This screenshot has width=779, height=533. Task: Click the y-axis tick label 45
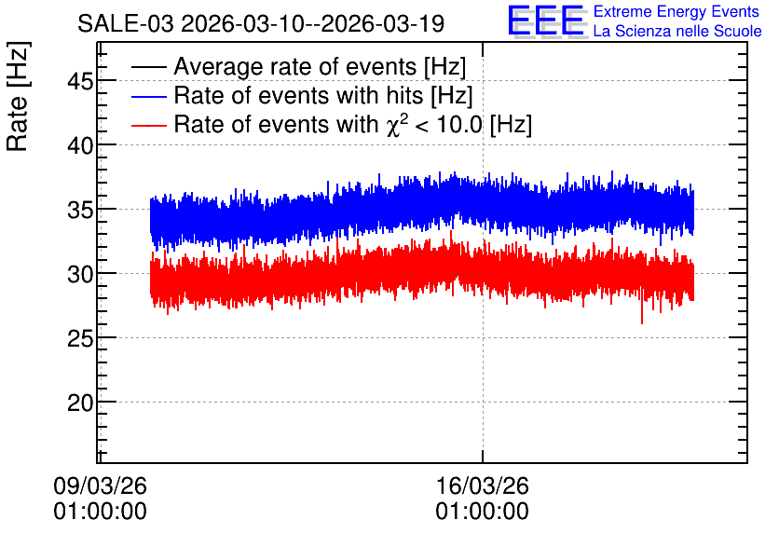coord(80,81)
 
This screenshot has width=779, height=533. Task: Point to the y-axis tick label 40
coord(80,145)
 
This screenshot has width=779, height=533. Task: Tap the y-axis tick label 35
coord(80,210)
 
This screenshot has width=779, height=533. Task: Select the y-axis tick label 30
coord(80,274)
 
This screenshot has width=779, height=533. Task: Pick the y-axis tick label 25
coord(80,338)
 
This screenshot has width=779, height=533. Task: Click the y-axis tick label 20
coord(80,403)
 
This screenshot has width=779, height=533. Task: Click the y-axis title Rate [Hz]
coord(19,96)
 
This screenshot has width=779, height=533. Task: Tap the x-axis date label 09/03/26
coord(100,485)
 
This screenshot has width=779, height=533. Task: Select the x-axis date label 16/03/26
coord(483,485)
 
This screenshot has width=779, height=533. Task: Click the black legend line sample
coord(148,67)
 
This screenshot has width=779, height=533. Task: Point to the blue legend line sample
coord(148,96)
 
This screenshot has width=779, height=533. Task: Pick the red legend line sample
coord(148,125)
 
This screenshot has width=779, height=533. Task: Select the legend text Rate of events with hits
coord(298,95)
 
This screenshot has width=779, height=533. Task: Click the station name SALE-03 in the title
coord(126,23)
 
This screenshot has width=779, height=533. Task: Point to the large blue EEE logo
coord(546,20)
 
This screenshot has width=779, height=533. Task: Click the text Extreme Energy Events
coord(676,11)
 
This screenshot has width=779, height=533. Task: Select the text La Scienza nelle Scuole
coord(677,31)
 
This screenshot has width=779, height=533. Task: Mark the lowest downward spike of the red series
coord(642,322)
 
